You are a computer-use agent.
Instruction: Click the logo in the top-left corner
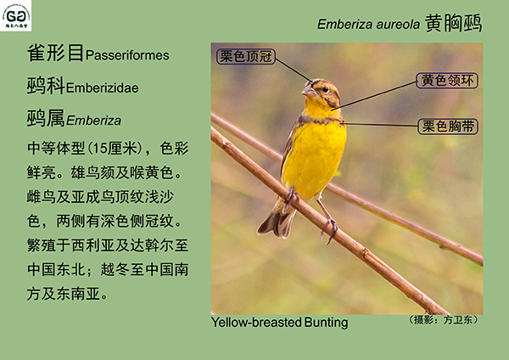[x=15, y=15]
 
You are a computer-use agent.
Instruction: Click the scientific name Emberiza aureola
[x=368, y=25]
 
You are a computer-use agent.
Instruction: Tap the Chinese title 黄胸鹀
[x=454, y=23]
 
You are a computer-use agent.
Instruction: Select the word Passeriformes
[x=127, y=55]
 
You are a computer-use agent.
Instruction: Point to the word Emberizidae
[x=103, y=88]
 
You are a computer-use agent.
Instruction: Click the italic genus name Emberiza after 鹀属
[x=93, y=121]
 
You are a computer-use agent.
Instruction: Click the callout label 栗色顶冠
[x=246, y=57]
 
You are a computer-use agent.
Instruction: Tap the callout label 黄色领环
[x=447, y=81]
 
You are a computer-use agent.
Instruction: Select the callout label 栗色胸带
[x=448, y=127]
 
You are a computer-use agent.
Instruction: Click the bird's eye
[x=325, y=89]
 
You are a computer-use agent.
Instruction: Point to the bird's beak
[x=309, y=90]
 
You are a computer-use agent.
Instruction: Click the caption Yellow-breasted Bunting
[x=279, y=323]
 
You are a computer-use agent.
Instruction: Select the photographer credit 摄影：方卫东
[x=443, y=320]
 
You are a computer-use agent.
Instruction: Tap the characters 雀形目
[x=55, y=53]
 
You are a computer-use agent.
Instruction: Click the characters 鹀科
[x=46, y=86]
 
